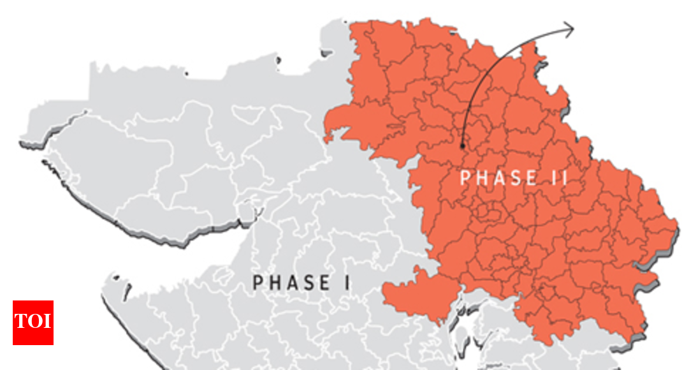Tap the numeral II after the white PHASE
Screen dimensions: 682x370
click(560, 177)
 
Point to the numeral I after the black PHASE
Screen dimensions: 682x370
click(347, 282)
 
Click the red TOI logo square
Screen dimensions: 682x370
click(33, 323)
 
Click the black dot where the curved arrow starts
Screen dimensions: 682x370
click(462, 146)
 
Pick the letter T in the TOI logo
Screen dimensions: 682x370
click(21, 322)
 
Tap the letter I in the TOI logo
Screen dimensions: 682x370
click(47, 322)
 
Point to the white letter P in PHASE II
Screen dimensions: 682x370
click(465, 177)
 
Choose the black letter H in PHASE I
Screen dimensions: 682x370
click(275, 282)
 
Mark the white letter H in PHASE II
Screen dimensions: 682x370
click(482, 177)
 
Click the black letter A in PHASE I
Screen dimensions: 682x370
click(293, 282)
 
